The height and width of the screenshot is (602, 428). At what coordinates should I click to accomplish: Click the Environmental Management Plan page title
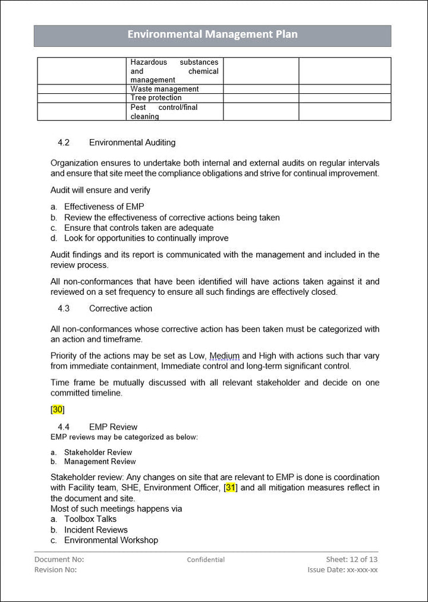click(x=212, y=34)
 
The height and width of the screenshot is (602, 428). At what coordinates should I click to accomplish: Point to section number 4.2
click(x=64, y=143)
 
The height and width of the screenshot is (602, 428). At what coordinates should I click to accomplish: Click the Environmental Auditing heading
click(x=132, y=143)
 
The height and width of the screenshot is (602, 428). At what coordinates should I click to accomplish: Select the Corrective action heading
click(x=121, y=308)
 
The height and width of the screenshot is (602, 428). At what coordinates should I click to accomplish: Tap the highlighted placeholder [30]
click(x=58, y=409)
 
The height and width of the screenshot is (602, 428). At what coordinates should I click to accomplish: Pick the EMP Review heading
click(x=113, y=427)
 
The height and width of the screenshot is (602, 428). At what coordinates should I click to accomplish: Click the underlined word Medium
click(x=224, y=356)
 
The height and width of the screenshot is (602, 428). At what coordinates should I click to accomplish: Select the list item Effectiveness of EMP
click(x=104, y=207)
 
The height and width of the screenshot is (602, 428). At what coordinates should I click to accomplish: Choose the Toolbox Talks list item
click(x=90, y=519)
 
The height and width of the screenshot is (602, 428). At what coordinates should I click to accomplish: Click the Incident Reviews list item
click(x=96, y=529)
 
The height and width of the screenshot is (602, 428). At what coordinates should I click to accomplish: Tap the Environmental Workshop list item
click(x=111, y=540)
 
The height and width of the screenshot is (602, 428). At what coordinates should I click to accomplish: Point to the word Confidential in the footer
click(x=206, y=560)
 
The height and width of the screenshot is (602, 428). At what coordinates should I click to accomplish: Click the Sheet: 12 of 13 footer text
click(x=352, y=559)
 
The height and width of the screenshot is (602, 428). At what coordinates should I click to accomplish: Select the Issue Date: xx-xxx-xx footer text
click(x=342, y=570)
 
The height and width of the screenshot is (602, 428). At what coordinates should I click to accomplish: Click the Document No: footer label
click(x=59, y=559)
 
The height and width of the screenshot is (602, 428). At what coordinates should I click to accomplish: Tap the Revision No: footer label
click(x=56, y=570)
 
